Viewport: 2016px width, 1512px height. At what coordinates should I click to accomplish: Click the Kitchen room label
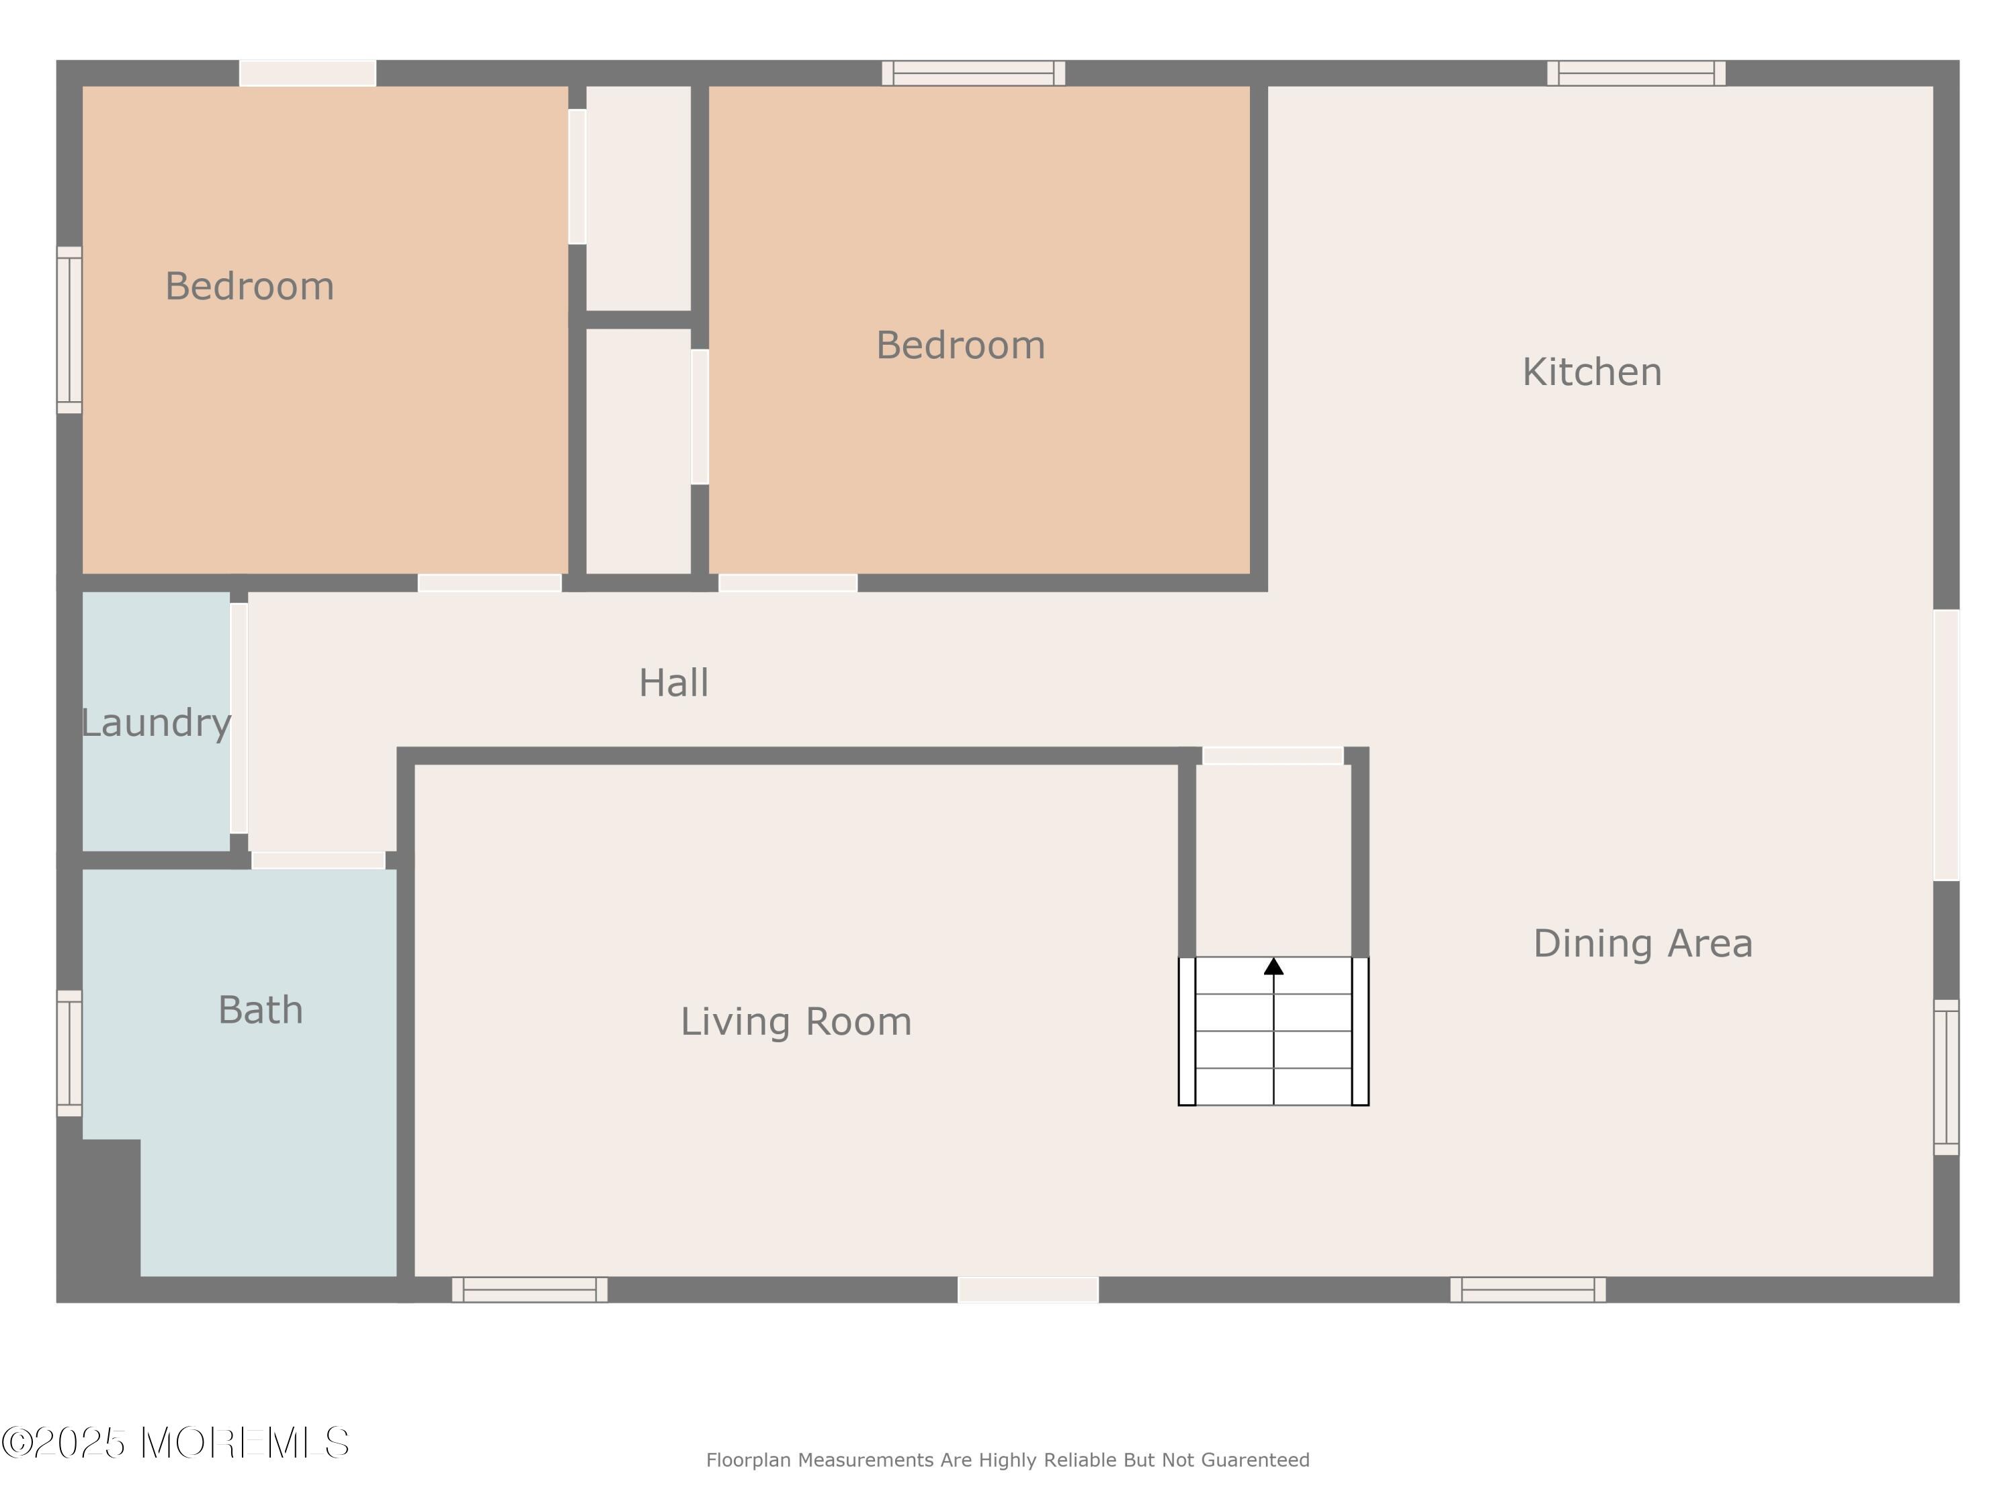coord(1591,372)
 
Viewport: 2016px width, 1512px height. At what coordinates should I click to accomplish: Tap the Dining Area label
coord(1642,943)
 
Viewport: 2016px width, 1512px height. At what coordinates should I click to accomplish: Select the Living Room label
coord(796,1021)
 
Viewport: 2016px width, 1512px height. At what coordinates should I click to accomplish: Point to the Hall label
coord(673,683)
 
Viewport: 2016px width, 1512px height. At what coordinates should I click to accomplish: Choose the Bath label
coord(261,1010)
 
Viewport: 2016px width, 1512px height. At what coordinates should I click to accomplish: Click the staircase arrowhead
coord(1273,966)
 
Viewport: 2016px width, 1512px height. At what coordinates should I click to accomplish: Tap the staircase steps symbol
coord(1273,1031)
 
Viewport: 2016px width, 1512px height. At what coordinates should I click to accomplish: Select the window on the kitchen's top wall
coord(1636,73)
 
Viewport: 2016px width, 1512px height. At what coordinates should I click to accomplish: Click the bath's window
coord(69,1052)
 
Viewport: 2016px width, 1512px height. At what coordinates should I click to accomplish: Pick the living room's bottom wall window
coord(530,1289)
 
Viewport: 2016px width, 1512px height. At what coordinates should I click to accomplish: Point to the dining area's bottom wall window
coord(1527,1289)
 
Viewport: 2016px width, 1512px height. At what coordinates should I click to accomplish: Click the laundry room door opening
coord(239,718)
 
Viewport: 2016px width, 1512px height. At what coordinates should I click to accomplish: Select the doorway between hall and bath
coord(318,860)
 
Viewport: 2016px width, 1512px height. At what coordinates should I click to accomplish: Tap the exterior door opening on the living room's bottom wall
coord(1028,1290)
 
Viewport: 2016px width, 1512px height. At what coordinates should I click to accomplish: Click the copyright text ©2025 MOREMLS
coord(175,1443)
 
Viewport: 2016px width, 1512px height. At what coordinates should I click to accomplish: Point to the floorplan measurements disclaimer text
coord(1007,1460)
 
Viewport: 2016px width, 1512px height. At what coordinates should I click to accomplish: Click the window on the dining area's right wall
coord(1946,1077)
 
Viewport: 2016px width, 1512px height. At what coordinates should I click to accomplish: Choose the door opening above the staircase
coord(1273,755)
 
